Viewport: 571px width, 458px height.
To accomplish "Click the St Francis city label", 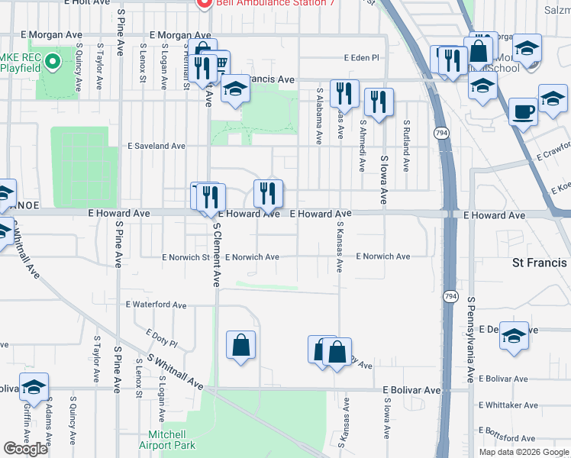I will pyautogui.click(x=539, y=263).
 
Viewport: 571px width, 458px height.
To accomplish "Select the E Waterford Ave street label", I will pyautogui.click(x=156, y=305).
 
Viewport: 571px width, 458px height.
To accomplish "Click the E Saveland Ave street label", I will pyautogui.click(x=156, y=146).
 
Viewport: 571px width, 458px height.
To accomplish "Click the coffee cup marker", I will pyautogui.click(x=523, y=111).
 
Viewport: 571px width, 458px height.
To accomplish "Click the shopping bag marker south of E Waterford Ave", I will pyautogui.click(x=240, y=345).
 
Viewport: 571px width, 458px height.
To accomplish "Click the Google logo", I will pyautogui.click(x=26, y=449).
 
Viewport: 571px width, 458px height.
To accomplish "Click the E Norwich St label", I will pyautogui.click(x=185, y=258).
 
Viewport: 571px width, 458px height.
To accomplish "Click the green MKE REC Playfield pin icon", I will pyautogui.click(x=51, y=60).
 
